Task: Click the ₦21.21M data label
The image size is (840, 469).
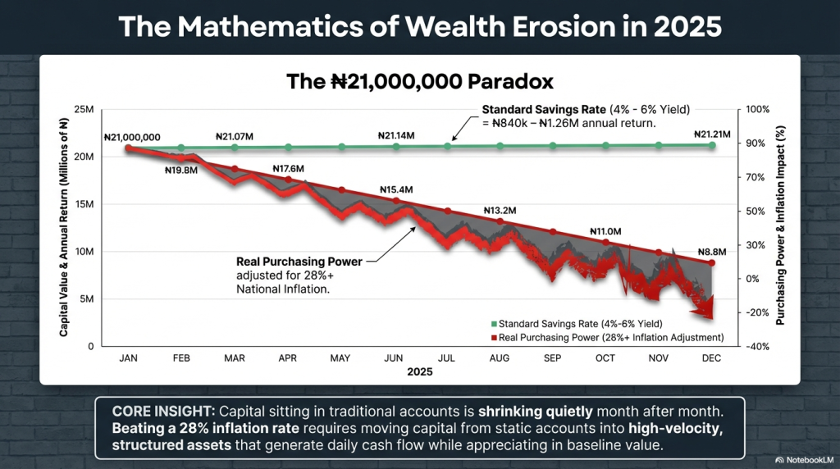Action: pos(712,134)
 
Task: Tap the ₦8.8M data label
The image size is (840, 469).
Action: pos(712,253)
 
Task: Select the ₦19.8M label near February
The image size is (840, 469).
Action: pos(181,171)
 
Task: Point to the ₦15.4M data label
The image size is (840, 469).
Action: pos(396,190)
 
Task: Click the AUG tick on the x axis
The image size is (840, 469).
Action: pos(500,358)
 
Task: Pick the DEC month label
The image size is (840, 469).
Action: pos(711,358)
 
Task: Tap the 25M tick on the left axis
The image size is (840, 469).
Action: pos(84,110)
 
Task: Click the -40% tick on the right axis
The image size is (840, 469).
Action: pos(757,346)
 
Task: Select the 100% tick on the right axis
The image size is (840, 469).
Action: pos(757,109)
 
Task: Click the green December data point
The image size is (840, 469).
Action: pos(712,145)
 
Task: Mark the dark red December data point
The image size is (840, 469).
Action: pos(712,263)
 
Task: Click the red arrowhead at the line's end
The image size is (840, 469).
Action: pos(704,309)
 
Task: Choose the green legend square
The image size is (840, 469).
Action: pos(494,324)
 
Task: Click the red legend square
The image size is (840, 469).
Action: pos(494,338)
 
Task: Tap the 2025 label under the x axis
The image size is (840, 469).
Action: pos(419,371)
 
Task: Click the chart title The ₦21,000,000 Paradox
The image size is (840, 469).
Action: pos(420,82)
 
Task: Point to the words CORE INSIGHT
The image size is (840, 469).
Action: pos(163,412)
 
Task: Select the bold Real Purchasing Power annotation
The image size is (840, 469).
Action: pos(299,262)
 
